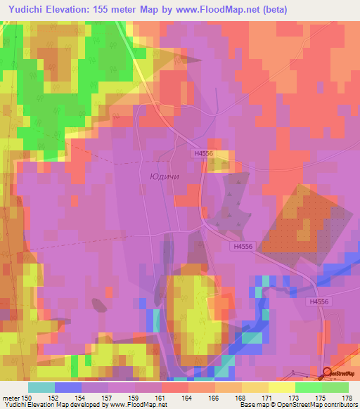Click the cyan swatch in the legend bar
(41, 387)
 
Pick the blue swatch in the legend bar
(68, 387)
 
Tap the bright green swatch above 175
(309, 387)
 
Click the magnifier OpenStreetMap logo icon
(327, 373)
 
